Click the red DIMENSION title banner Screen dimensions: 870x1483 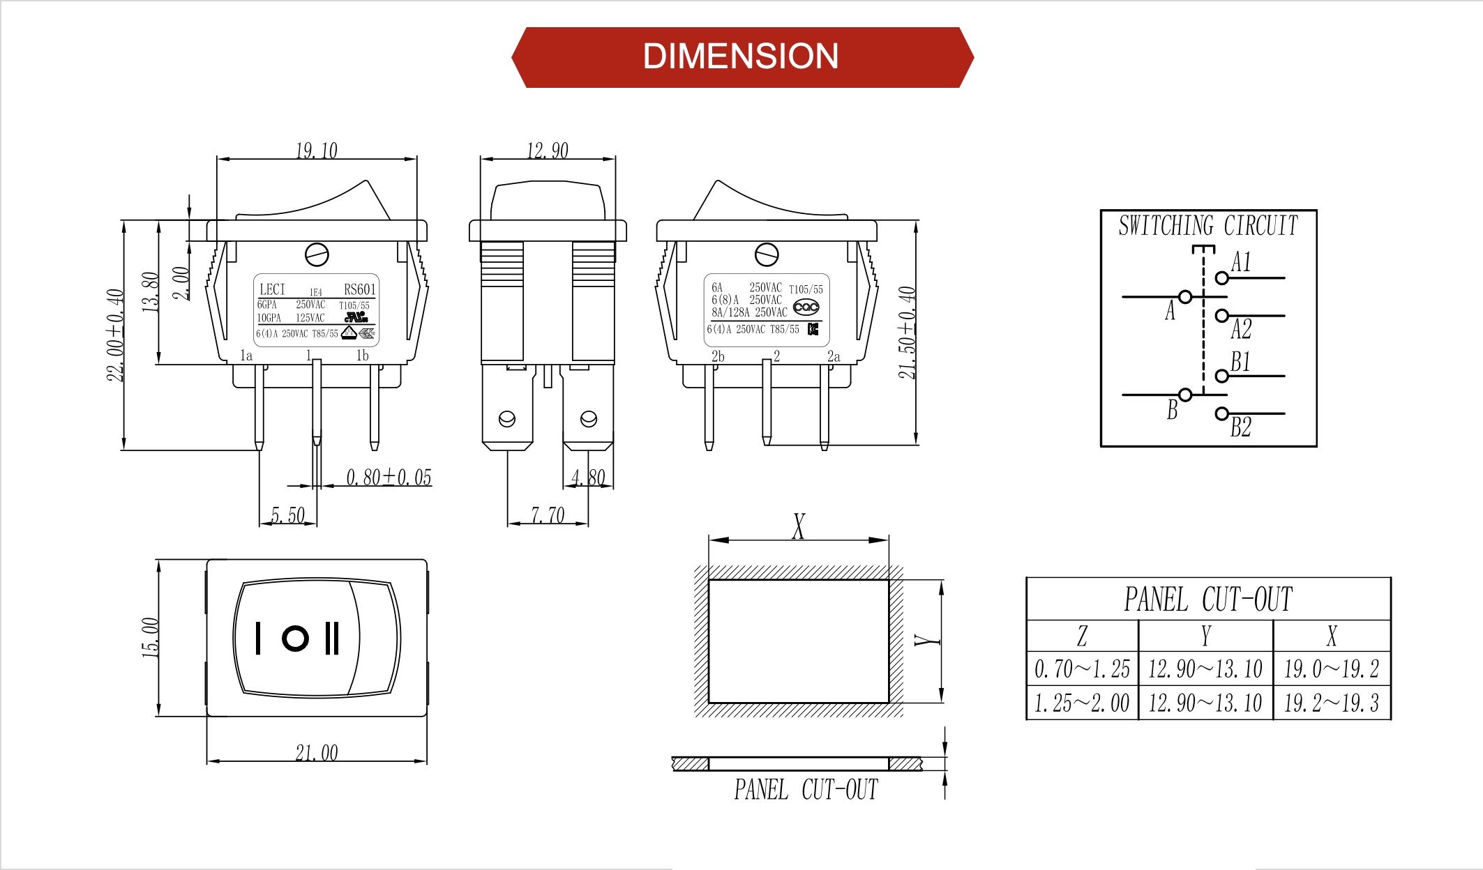(x=741, y=57)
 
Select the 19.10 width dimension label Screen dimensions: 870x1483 (x=316, y=151)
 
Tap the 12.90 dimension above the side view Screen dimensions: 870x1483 (x=547, y=151)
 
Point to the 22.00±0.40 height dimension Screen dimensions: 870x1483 (x=115, y=335)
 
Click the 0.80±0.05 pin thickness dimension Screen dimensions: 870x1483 (x=389, y=478)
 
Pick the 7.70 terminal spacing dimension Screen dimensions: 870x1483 (x=548, y=515)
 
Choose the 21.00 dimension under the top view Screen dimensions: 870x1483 (x=316, y=753)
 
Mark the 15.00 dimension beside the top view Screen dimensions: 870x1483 (x=151, y=637)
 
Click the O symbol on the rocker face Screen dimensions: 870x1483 (x=295, y=638)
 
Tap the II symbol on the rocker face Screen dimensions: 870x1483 (x=332, y=638)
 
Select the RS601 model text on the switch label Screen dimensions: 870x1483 (x=359, y=289)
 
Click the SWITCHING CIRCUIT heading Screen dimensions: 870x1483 (x=1208, y=226)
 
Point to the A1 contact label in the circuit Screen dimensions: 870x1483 (x=1241, y=262)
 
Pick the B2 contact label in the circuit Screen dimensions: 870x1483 (x=1241, y=427)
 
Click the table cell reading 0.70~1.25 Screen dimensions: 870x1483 (x=1082, y=669)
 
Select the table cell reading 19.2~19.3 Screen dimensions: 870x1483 (x=1331, y=703)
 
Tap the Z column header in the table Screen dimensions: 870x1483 (x=1082, y=636)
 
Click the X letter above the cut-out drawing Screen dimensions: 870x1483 (x=799, y=526)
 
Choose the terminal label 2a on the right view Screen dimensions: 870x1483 (x=834, y=356)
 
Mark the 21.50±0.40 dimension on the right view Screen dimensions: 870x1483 (x=906, y=333)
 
